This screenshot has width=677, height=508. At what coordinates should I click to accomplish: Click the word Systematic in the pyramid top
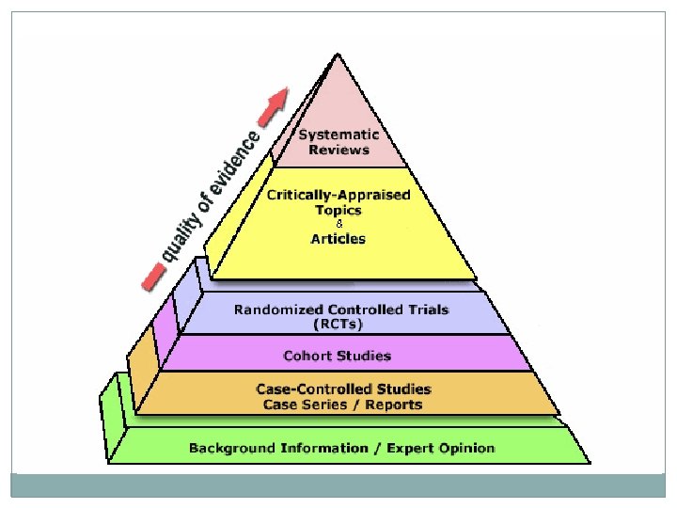[338, 135]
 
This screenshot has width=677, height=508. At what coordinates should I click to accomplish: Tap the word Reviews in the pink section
[338, 150]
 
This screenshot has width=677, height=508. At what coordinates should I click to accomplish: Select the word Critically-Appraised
[338, 195]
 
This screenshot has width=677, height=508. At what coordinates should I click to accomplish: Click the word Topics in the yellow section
[338, 210]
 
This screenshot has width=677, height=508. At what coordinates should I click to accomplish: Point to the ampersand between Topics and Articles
[338, 224]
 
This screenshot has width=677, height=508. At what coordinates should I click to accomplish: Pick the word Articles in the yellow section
[338, 238]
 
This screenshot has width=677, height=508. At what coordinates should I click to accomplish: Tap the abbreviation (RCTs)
[338, 325]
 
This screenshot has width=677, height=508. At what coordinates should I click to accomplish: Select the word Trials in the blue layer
[427, 310]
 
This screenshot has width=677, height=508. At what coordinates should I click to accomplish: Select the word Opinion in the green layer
[464, 448]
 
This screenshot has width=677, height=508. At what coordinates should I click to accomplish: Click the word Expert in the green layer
[402, 448]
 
